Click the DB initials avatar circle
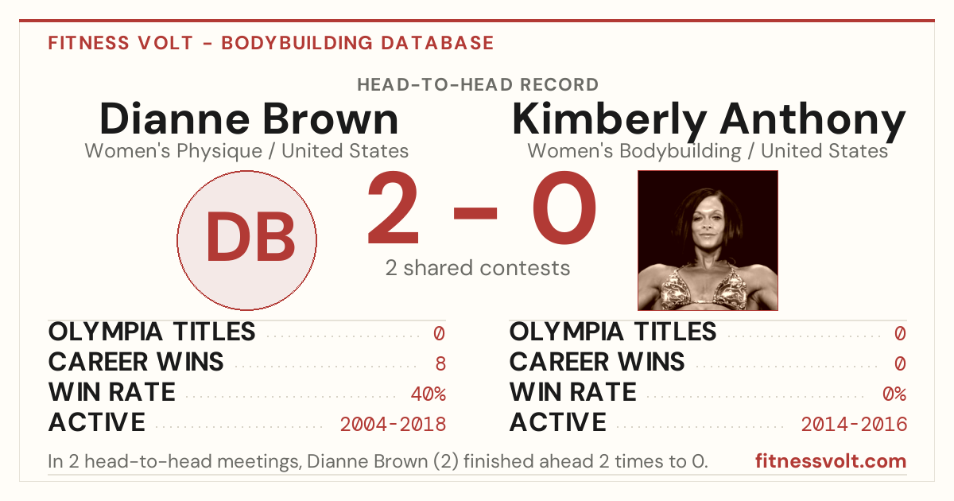pyautogui.click(x=246, y=240)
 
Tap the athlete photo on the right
pyautogui.click(x=708, y=240)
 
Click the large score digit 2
pyautogui.click(x=393, y=208)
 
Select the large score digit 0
pyautogui.click(x=564, y=208)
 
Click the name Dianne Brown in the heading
pyautogui.click(x=249, y=118)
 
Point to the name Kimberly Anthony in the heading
pyautogui.click(x=708, y=121)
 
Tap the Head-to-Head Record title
pyautogui.click(x=478, y=84)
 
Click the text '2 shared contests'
pyautogui.click(x=478, y=268)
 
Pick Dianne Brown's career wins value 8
pyautogui.click(x=440, y=364)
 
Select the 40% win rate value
pyautogui.click(x=429, y=394)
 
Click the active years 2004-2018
pyautogui.click(x=393, y=425)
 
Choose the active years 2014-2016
pyautogui.click(x=854, y=425)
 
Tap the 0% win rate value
pyautogui.click(x=894, y=394)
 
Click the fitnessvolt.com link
pyautogui.click(x=831, y=461)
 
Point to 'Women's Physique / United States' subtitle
pyautogui.click(x=246, y=151)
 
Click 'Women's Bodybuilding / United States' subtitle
pyautogui.click(x=708, y=151)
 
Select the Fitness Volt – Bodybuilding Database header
pyautogui.click(x=271, y=43)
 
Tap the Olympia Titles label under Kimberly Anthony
pyautogui.click(x=613, y=332)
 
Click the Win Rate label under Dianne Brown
pyautogui.click(x=111, y=392)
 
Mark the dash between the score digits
pyautogui.click(x=475, y=213)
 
